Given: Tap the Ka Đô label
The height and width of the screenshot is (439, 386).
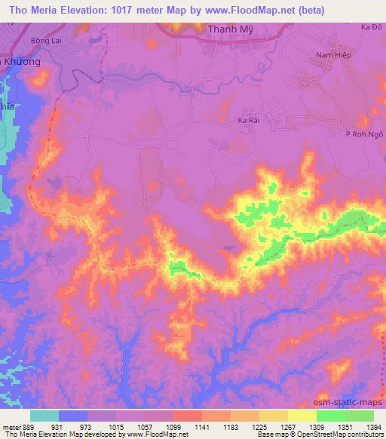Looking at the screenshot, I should (x=369, y=27).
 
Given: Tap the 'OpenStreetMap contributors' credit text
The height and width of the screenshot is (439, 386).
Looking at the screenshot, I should (x=345, y=434).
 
